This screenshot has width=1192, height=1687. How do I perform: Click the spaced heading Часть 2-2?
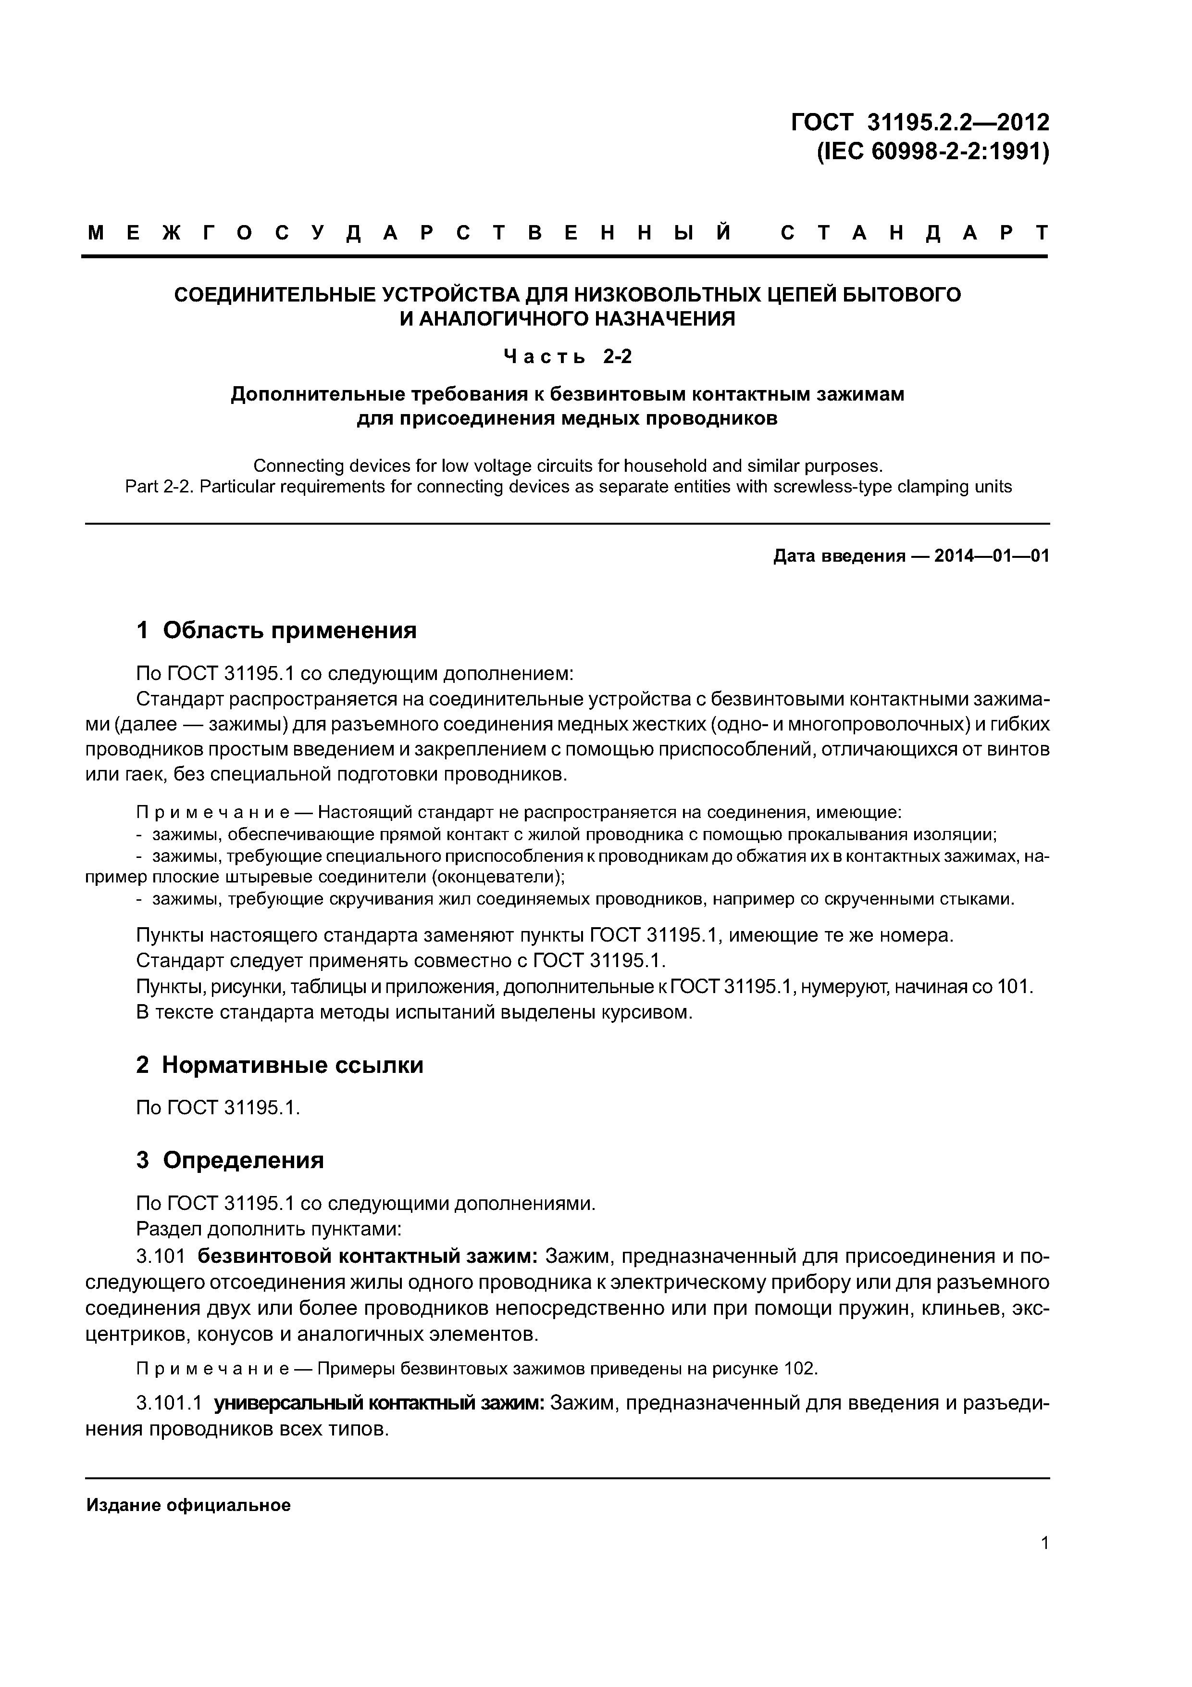click(567, 357)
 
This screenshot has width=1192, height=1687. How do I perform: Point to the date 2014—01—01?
click(992, 556)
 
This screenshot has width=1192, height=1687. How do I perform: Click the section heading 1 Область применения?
click(276, 629)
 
